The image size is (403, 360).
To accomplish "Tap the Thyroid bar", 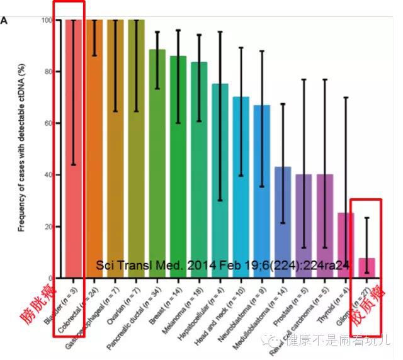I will coord(344,245).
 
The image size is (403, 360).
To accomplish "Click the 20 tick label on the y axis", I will coord(48,227).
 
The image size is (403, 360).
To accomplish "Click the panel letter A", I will coord(4,21).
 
